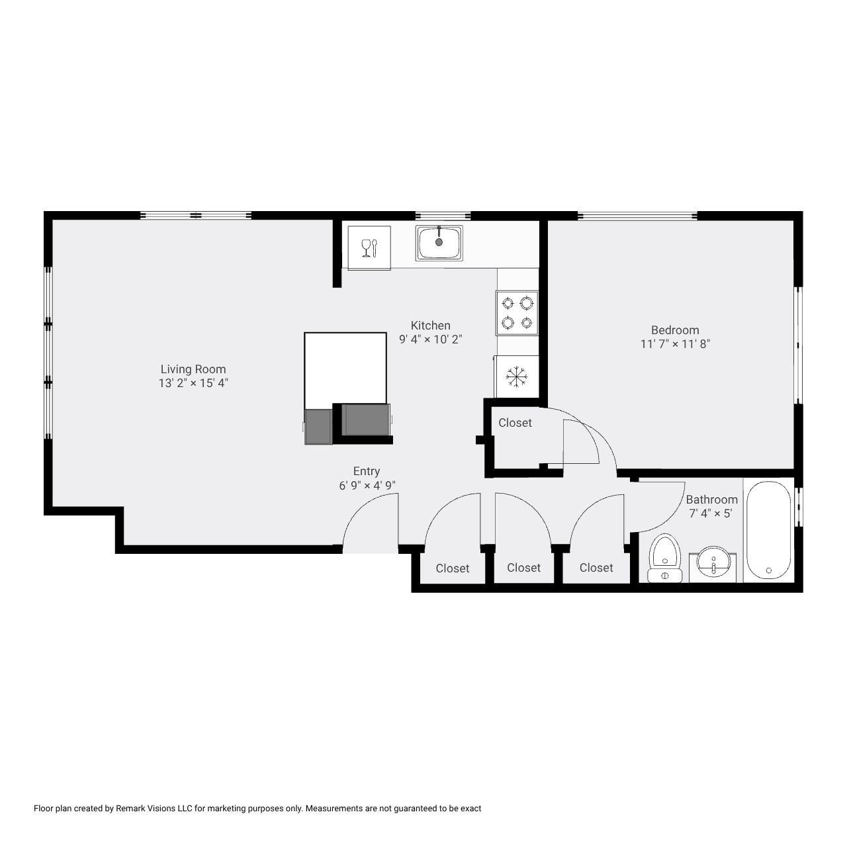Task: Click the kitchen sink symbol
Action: (x=439, y=243)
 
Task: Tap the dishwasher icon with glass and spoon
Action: (x=369, y=247)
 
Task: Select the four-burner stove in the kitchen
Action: (x=517, y=312)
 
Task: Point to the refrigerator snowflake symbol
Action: (x=516, y=377)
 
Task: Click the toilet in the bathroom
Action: (x=664, y=558)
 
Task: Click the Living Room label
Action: (x=193, y=369)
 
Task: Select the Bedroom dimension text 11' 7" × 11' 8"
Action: (x=675, y=343)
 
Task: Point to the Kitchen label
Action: (x=430, y=326)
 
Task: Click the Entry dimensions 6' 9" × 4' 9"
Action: (x=367, y=485)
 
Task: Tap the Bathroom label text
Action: (x=711, y=500)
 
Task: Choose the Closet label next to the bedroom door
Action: (x=515, y=423)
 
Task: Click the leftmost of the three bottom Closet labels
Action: (x=453, y=568)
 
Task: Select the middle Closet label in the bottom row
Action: (x=523, y=568)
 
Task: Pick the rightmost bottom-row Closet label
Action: (x=596, y=568)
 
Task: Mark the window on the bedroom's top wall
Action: (x=637, y=215)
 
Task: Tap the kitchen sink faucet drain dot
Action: (x=439, y=242)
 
